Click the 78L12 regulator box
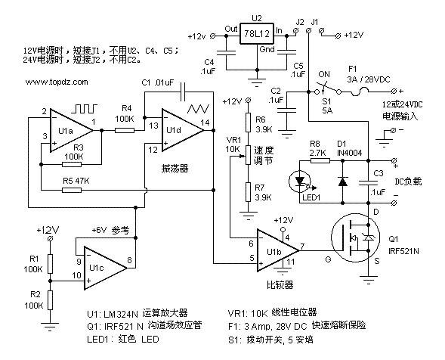257,33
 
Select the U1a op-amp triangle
71,130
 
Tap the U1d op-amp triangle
183,130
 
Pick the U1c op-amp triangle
105,268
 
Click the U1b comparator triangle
278,250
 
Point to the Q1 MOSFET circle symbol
356,238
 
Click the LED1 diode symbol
300,181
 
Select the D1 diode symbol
343,182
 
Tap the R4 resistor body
125,130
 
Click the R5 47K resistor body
72,190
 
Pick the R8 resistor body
320,160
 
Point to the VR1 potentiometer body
248,155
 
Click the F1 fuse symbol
360,92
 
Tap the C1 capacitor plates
183,92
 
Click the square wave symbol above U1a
85,109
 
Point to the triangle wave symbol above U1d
198,109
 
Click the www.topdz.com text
57,82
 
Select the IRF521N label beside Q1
403,251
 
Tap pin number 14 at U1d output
205,123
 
